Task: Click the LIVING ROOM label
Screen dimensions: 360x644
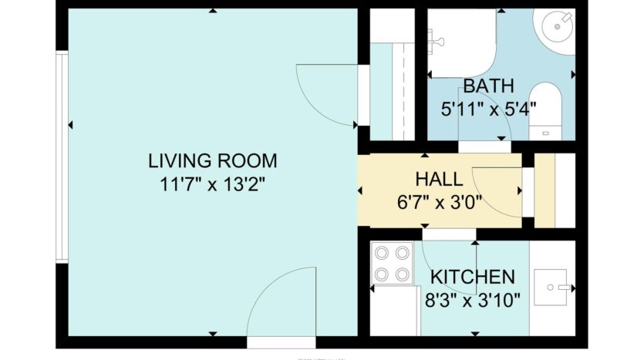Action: tap(212, 161)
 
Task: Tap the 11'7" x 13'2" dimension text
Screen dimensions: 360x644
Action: tap(212, 184)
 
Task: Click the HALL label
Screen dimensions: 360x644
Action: tap(439, 180)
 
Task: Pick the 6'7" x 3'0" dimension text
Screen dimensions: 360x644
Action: tap(439, 204)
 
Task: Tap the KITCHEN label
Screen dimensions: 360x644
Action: tap(472, 277)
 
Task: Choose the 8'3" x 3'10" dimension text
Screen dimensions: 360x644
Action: tap(472, 299)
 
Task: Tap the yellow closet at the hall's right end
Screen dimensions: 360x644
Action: tap(545, 191)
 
